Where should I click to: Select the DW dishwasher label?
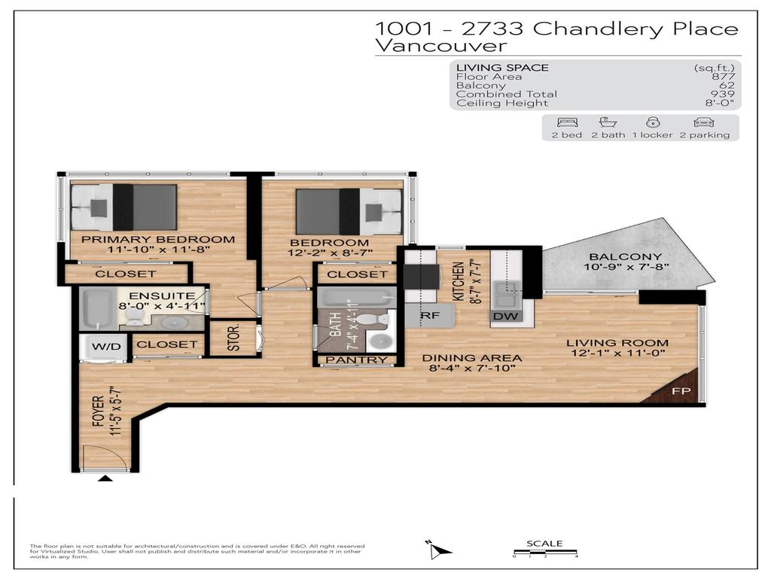[507, 316]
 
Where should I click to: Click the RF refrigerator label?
[429, 316]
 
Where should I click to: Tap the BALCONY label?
[615, 256]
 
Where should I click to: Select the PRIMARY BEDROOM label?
[158, 240]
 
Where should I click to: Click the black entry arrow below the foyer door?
[105, 478]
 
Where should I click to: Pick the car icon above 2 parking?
[704, 122]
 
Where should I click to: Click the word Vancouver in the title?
[440, 46]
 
